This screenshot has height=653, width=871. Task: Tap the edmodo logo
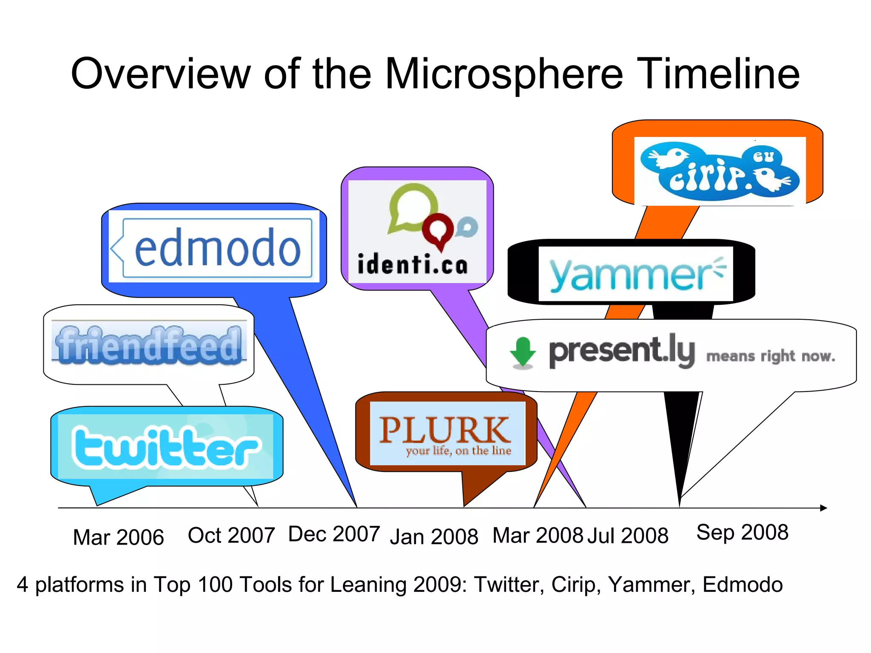click(217, 248)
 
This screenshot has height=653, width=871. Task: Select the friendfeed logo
click(149, 345)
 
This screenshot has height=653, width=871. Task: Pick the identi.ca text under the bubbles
click(413, 264)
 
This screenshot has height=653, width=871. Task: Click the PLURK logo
click(445, 434)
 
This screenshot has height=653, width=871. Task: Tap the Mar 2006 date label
click(118, 537)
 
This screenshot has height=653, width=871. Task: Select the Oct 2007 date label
click(231, 535)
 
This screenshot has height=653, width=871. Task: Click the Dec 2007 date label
click(334, 534)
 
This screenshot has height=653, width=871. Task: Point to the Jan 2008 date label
click(434, 536)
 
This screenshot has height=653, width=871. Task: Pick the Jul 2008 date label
click(628, 535)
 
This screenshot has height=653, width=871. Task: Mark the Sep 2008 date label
click(742, 532)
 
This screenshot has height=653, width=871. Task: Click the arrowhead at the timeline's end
click(823, 508)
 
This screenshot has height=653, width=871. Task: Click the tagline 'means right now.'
click(770, 356)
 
